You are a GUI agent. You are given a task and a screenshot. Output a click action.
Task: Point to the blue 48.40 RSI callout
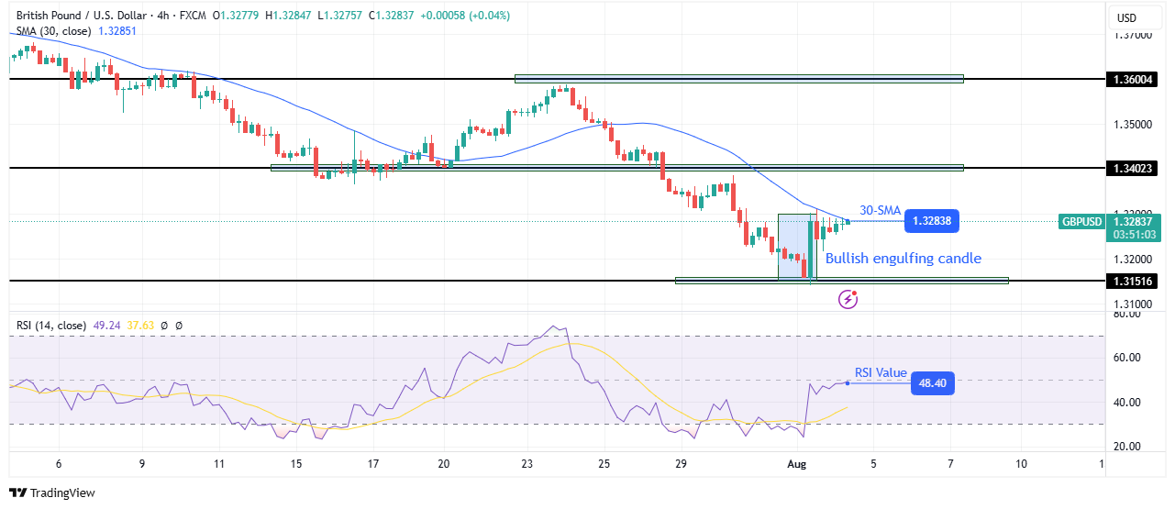pos(933,382)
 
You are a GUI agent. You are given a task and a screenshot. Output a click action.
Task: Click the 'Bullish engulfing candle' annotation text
pos(903,259)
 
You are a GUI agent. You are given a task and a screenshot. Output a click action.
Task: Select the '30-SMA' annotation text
pos(879,209)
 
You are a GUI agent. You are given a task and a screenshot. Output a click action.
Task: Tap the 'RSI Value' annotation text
pos(881,372)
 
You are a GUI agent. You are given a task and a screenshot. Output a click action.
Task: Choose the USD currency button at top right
pos(1125,17)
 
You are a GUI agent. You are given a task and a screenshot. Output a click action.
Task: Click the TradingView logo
pos(53,492)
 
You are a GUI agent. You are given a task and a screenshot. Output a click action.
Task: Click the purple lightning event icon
pos(849,298)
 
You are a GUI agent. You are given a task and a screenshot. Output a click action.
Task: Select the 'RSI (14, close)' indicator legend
pos(50,325)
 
